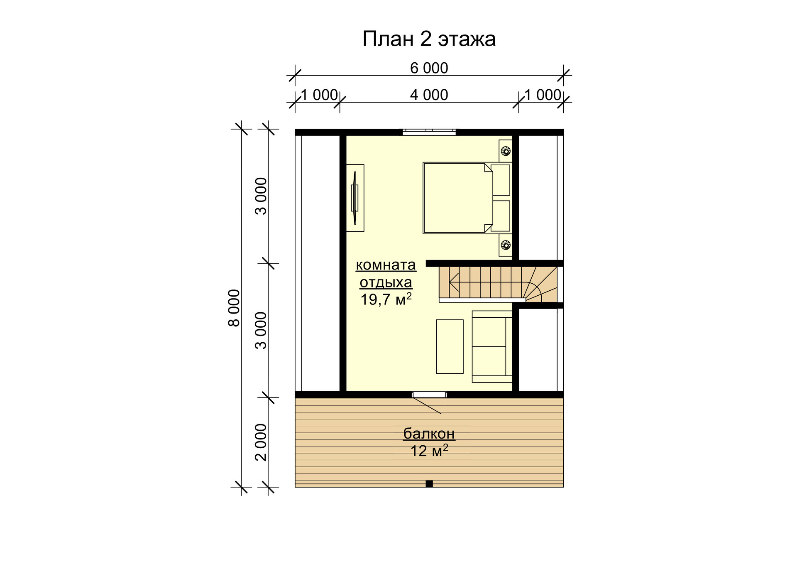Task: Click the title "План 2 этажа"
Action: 429,39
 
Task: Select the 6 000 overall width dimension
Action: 429,68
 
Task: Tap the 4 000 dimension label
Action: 429,95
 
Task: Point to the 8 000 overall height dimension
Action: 235,308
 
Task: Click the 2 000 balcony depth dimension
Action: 261,442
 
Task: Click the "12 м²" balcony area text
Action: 429,451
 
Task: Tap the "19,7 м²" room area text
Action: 386,299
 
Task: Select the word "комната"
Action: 386,265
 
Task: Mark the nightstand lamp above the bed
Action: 506,151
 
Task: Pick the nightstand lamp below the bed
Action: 506,245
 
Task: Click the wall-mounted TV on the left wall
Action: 354,198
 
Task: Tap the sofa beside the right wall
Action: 492,346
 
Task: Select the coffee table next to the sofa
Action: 450,347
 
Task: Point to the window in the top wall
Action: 429,132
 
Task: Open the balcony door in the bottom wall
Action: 429,395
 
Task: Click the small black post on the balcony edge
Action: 429,483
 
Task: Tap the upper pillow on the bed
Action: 500,180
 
